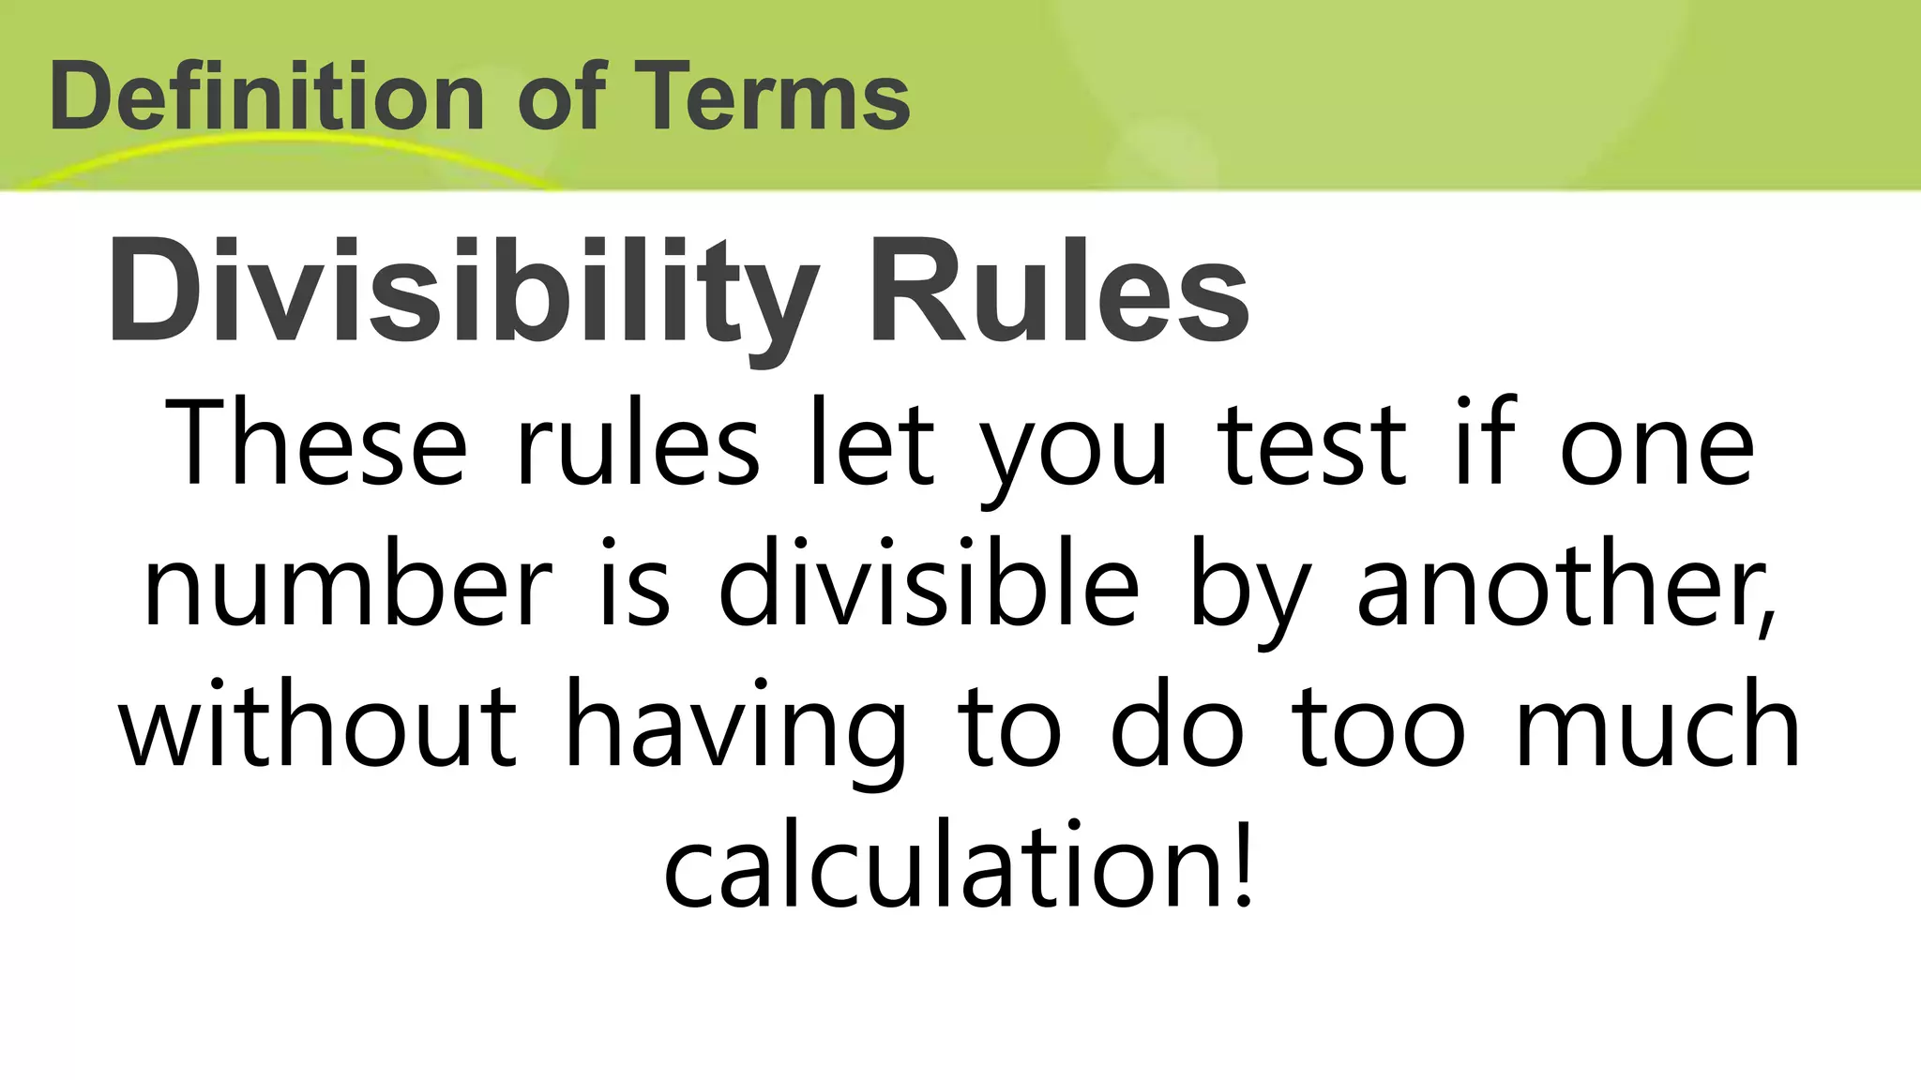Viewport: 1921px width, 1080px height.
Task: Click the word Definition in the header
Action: [x=266, y=97]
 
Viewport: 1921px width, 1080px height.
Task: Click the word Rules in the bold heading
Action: [x=1059, y=292]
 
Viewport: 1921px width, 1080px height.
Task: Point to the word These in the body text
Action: [x=315, y=442]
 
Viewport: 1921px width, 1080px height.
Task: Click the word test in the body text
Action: [x=1313, y=442]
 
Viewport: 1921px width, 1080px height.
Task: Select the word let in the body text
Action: [x=872, y=442]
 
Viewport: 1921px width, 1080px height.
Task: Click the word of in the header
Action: [x=561, y=97]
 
